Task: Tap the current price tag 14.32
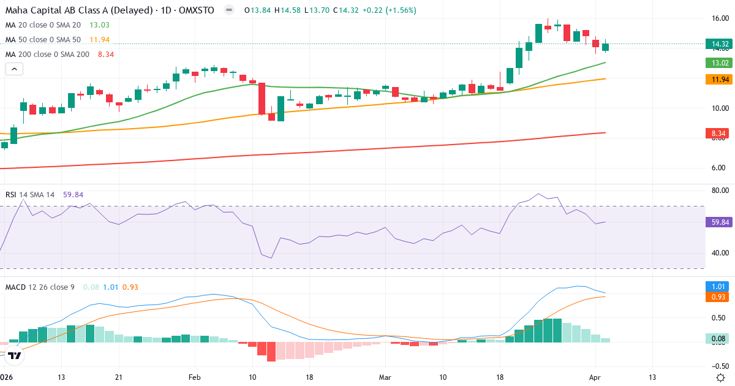[719, 44]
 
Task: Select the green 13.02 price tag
[719, 62]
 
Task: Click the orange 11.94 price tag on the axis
[719, 79]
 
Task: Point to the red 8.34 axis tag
[719, 132]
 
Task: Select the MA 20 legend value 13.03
[99, 25]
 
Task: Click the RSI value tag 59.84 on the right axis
[719, 222]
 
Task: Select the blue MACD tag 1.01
[719, 286]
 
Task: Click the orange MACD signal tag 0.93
[719, 297]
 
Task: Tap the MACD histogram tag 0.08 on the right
[719, 338]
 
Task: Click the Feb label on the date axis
[194, 377]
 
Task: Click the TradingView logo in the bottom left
[15, 355]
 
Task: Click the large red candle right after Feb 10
[262, 99]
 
